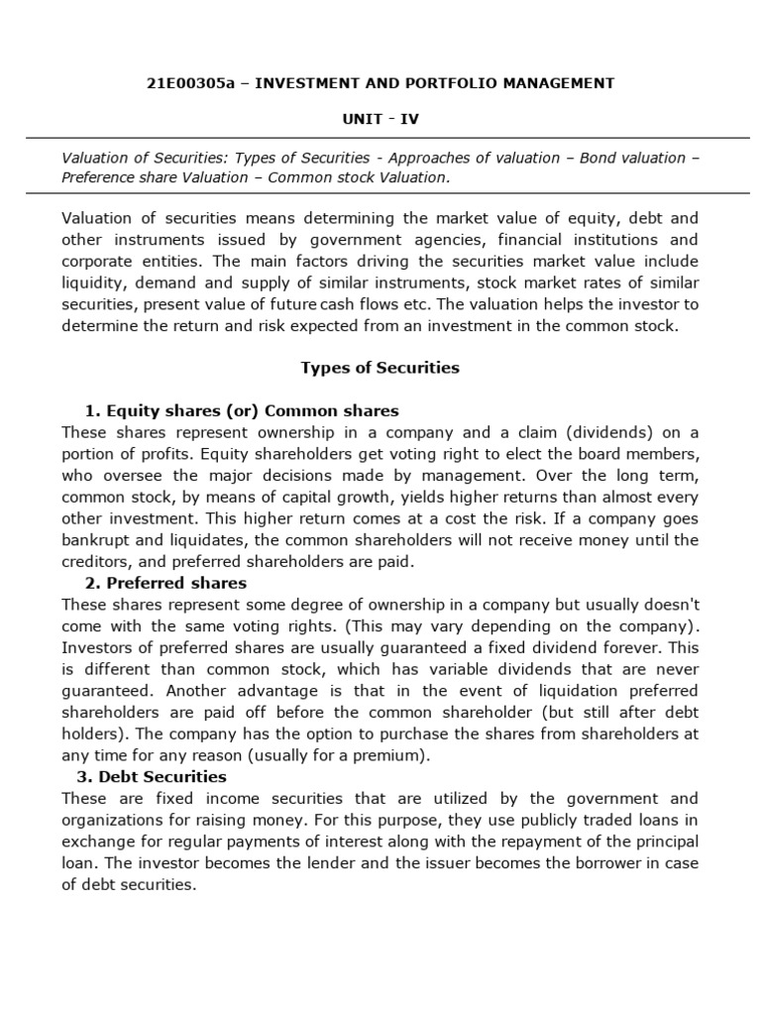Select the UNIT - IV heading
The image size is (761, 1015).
point(380,119)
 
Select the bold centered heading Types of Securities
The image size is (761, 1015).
point(380,368)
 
